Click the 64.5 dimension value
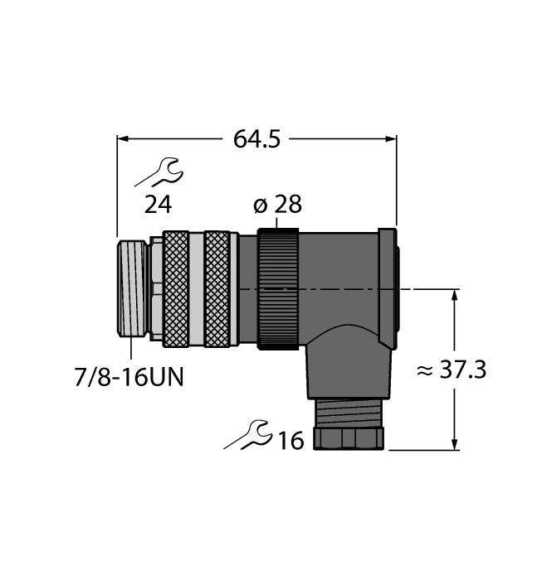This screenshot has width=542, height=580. click(256, 139)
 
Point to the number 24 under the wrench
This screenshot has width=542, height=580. click(159, 205)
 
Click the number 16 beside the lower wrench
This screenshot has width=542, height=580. click(290, 440)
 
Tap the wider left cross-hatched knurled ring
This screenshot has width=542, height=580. click(176, 288)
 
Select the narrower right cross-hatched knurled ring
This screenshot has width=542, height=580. click(217, 288)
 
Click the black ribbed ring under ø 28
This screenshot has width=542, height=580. click(277, 288)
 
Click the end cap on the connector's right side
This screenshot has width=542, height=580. click(388, 286)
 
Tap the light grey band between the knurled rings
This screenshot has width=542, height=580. click(197, 288)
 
